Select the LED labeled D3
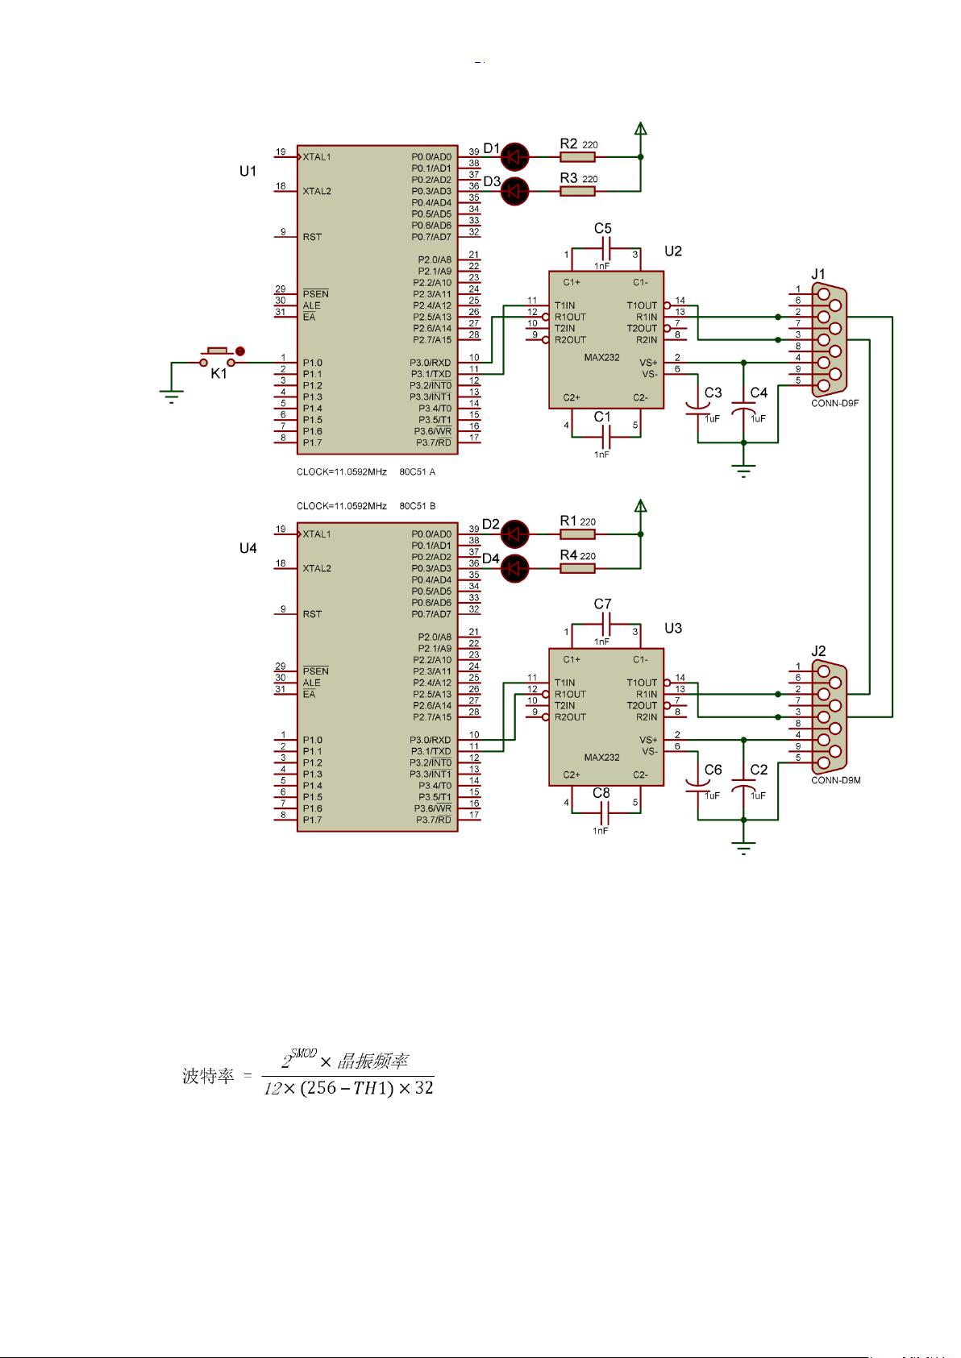tap(514, 191)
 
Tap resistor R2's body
tap(577, 156)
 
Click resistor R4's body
tap(577, 568)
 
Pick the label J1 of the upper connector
tap(818, 274)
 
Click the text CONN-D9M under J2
tap(835, 780)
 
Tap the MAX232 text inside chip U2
tap(601, 357)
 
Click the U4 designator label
tap(248, 548)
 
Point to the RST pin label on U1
tap(312, 237)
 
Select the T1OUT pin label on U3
tap(642, 683)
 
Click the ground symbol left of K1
tap(172, 395)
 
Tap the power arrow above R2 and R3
tap(640, 128)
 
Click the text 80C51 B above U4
tap(418, 506)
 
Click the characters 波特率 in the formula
tap(208, 1077)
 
